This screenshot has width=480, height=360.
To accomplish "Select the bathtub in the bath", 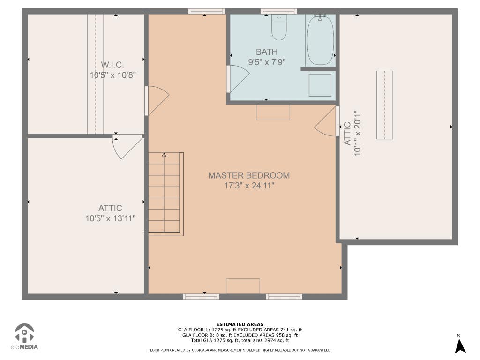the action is pos(320,40).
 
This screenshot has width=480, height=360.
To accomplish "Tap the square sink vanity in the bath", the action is pos(320,85).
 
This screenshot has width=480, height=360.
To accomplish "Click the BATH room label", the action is pos(267,52).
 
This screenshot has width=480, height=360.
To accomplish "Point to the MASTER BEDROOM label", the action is pos(249,175).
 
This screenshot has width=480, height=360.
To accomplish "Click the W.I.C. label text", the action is pos(112,65).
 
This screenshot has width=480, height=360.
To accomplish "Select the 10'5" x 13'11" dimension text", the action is pos(110,218).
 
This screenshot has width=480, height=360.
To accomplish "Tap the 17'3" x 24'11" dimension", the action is pos(249,186).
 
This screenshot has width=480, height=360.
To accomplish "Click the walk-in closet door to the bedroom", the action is pos(157,101).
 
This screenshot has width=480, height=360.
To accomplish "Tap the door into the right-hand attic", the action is pos(327,121).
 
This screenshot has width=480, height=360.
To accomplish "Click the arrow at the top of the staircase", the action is pos(164,155).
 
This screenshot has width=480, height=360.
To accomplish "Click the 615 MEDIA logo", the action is pos(24,337).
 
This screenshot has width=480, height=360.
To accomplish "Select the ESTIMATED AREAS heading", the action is pos(240,324).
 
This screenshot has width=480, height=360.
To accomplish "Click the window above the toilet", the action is pos(278,11).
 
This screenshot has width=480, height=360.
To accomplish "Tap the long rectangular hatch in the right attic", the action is pos(384,105).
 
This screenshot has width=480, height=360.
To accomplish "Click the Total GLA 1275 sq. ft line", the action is pos(240,340).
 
